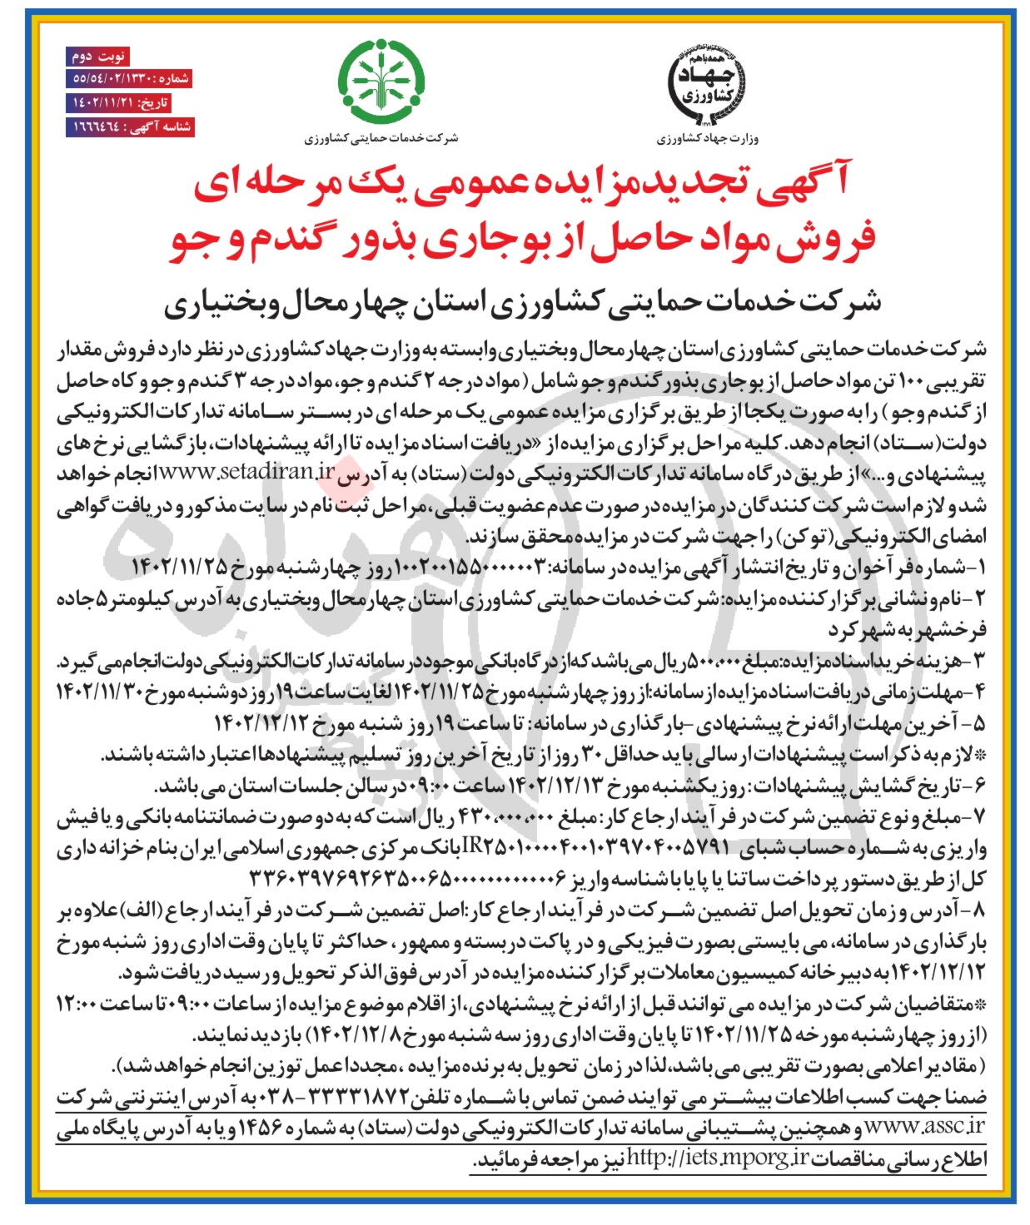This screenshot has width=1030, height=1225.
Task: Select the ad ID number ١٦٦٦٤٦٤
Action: [x=92, y=127]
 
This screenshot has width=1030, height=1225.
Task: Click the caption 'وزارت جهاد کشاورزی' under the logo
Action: [x=709, y=139]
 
